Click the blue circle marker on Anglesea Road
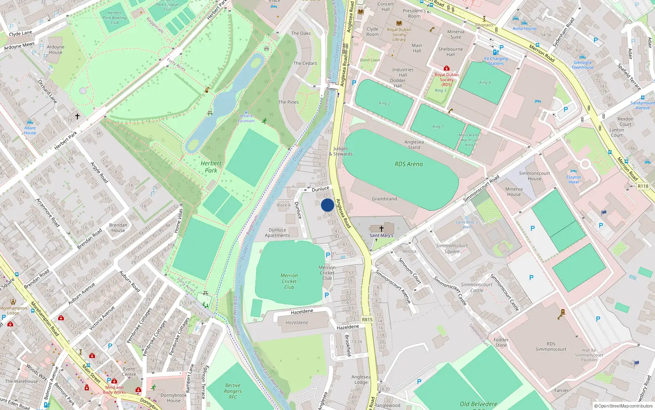tap(327, 205)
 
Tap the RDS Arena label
tap(409, 164)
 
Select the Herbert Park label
tap(211, 167)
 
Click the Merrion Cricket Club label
tap(289, 281)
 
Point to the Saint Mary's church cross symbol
tap(382, 229)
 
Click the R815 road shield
tap(367, 320)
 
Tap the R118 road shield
tap(643, 186)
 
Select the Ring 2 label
tap(384, 103)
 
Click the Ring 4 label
tap(485, 82)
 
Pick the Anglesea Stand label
tap(414, 145)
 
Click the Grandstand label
tap(384, 199)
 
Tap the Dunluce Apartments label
tap(277, 232)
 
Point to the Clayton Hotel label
tap(574, 180)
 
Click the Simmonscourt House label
tap(534, 176)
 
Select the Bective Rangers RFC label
tap(233, 391)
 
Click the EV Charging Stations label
tap(496, 61)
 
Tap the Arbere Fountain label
tap(246, 118)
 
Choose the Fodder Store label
tap(501, 342)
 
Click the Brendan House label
tap(118, 228)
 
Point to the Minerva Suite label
tap(456, 34)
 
